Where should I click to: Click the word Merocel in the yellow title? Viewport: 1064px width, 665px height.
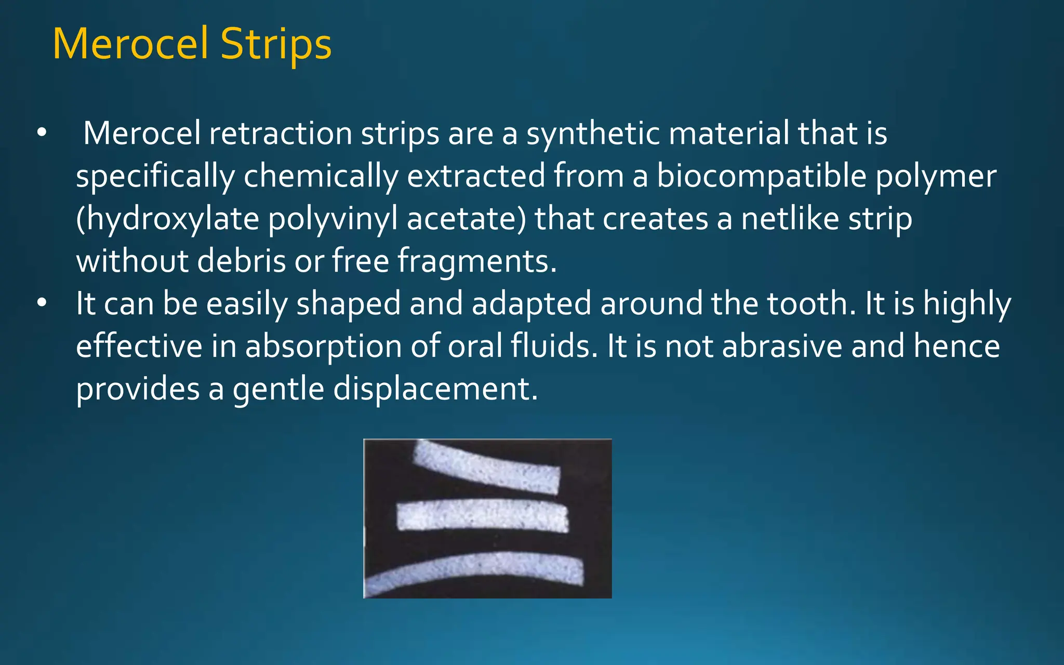coord(130,44)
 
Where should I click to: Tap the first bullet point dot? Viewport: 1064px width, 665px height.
coord(42,132)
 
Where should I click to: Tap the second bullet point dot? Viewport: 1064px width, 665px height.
coord(42,302)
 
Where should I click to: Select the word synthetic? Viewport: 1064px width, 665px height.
coord(593,134)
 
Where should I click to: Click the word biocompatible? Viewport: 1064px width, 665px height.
coord(762,176)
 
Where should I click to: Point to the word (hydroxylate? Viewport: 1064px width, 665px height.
coord(167,219)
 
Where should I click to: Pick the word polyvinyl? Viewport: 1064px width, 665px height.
coord(332,219)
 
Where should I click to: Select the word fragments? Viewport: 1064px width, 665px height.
coord(477,261)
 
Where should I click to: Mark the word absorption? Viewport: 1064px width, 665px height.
coord(323,346)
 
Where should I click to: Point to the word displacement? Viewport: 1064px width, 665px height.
coord(435,389)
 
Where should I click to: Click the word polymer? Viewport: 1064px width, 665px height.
coord(936,176)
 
